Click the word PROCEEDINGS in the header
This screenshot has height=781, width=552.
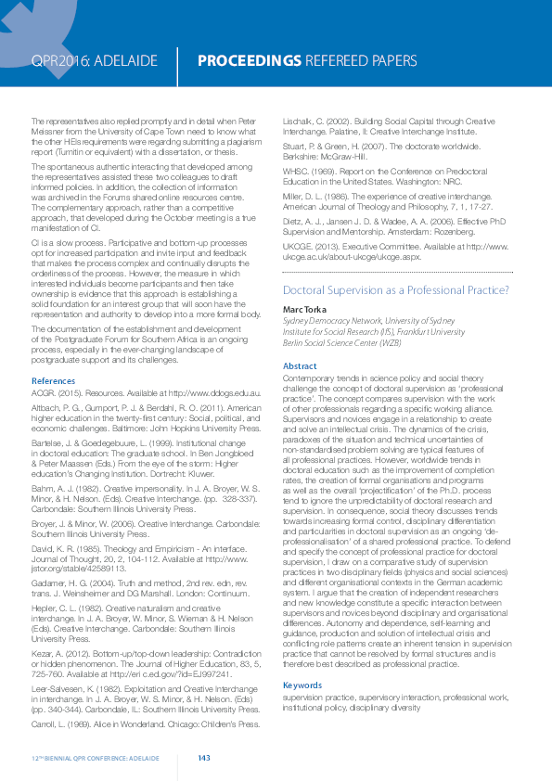[250, 61]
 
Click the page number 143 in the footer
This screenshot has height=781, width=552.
[204, 759]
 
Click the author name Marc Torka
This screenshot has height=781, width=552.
[305, 309]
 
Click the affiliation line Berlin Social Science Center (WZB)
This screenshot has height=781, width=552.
[342, 343]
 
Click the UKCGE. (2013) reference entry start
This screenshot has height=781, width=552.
[298, 246]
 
